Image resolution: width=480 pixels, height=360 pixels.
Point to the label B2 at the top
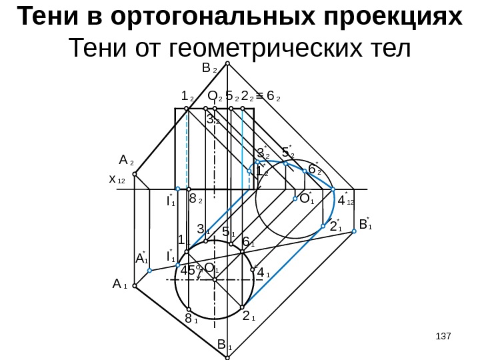point(208,68)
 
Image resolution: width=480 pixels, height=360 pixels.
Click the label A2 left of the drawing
point(126,161)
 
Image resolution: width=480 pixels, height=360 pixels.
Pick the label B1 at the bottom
point(224,345)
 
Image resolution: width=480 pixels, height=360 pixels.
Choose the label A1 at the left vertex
point(120,285)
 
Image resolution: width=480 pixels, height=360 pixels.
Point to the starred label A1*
point(141,257)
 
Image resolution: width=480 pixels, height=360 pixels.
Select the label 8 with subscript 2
point(196,199)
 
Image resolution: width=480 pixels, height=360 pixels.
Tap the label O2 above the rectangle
point(215,97)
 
